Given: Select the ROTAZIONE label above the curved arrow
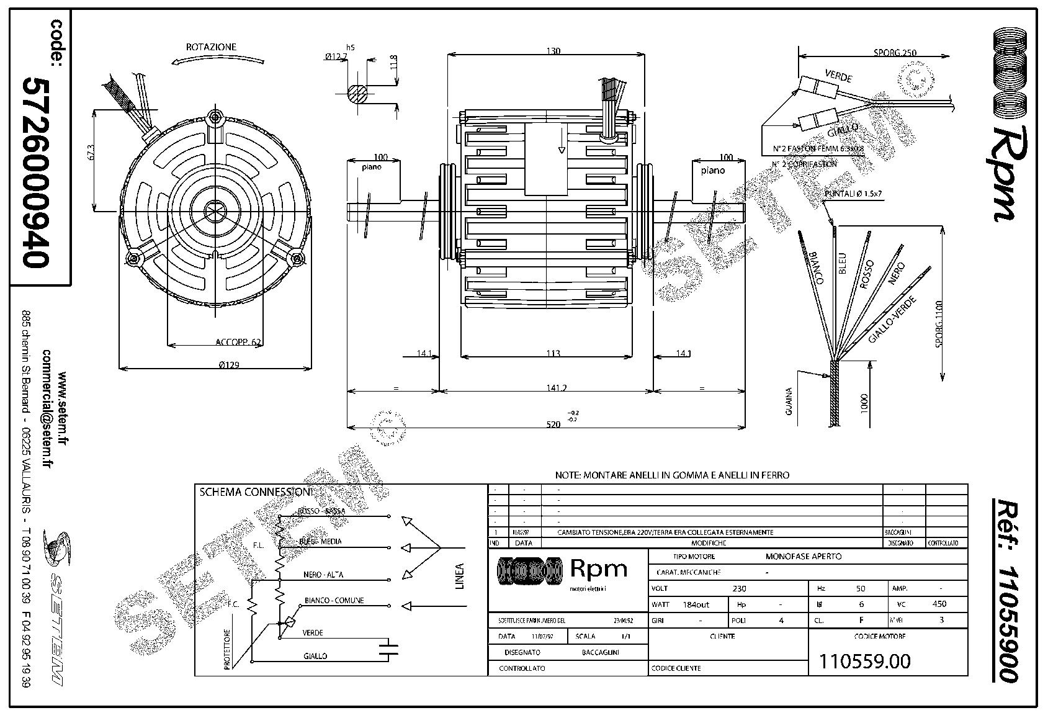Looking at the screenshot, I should [x=211, y=47].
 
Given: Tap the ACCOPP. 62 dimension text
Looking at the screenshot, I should [x=238, y=342].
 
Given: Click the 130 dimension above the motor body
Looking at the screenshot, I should [x=553, y=52].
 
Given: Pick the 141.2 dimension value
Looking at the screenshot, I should [x=557, y=388].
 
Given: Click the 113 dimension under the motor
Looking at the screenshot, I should [x=553, y=353].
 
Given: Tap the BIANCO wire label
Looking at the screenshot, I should [x=817, y=267].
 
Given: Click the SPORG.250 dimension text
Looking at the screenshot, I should [x=895, y=53].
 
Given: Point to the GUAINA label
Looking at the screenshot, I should [x=789, y=401].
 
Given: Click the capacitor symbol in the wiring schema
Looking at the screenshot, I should [x=390, y=648].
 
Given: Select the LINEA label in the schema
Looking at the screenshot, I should [x=460, y=576].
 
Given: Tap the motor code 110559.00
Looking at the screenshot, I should [x=865, y=662].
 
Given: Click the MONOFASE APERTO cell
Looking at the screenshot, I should [x=804, y=557].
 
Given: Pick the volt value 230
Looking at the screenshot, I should [x=739, y=588].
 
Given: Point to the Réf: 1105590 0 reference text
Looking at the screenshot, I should [x=1005, y=590].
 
